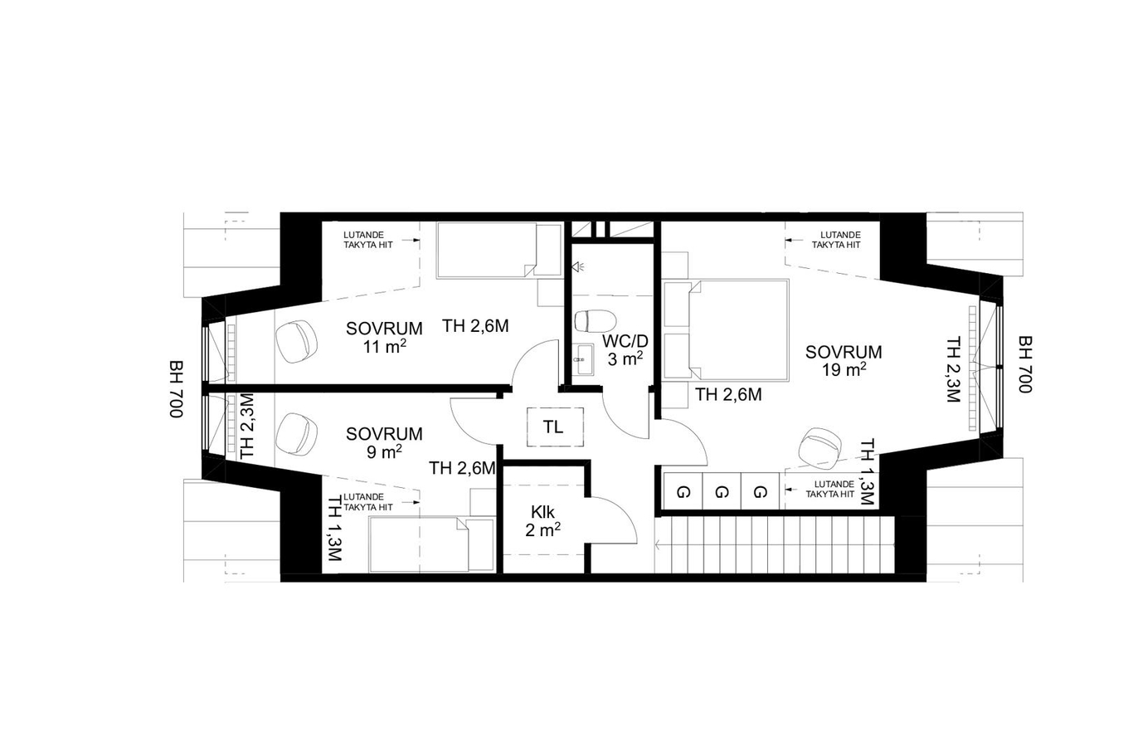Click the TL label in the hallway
tap(553, 427)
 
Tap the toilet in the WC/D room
tap(595, 321)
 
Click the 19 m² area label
tap(843, 370)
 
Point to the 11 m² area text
tap(384, 347)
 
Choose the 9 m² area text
tap(384, 451)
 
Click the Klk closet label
tap(542, 511)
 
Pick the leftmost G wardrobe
tap(683, 490)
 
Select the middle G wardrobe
tap(722, 490)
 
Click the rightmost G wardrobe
tap(760, 490)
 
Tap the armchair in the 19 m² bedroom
tap(821, 446)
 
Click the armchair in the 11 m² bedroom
tap(296, 341)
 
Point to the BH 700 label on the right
tap(1025, 364)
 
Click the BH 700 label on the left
tap(176, 388)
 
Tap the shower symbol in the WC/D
tap(577, 266)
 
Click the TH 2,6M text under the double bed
tap(728, 395)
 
